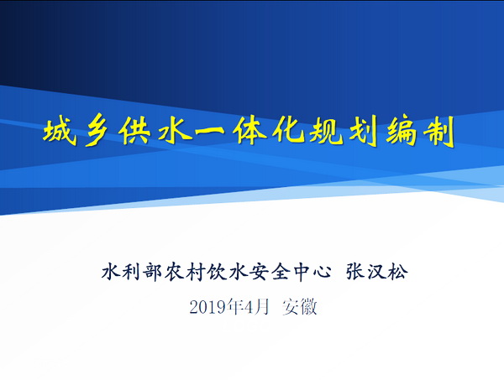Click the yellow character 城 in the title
[60, 132]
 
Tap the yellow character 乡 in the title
[97, 132]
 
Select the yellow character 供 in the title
[134, 132]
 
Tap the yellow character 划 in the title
[364, 132]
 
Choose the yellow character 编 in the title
[402, 132]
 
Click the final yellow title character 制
[438, 132]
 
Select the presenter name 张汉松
[376, 273]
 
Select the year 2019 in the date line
[207, 307]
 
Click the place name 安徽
[300, 307]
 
